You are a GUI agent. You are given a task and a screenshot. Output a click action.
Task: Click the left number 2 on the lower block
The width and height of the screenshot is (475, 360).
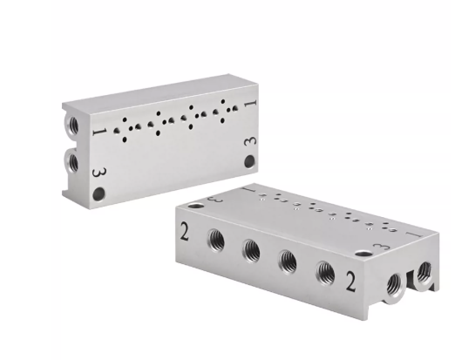pos(185,231)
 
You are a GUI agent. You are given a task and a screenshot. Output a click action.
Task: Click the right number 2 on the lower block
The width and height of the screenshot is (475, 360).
pos(350,282)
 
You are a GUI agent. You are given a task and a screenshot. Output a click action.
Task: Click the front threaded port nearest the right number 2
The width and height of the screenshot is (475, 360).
pos(325,273)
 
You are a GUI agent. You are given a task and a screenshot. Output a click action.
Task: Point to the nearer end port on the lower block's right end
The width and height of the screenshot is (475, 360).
pos(395,284)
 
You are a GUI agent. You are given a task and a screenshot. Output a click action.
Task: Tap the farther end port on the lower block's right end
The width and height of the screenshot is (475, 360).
pos(424,271)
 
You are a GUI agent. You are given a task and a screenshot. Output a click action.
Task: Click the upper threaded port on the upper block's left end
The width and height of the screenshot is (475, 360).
pos(72,126)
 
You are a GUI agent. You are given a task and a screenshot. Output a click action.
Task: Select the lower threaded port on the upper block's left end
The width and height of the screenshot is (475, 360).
pos(71,162)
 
